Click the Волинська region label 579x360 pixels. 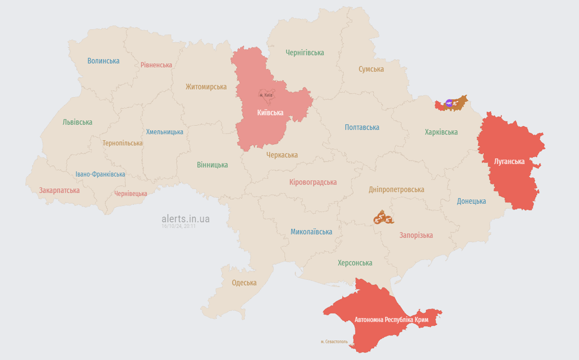point(103,61)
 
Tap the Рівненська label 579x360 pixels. point(156,65)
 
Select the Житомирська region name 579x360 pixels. point(206,87)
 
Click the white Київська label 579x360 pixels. point(270,113)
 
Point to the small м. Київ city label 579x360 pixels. point(266,95)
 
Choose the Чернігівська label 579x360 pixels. point(304,52)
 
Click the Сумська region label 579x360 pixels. point(371,69)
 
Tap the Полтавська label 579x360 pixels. point(362,127)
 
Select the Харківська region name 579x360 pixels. point(441,132)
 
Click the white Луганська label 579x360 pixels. point(509,162)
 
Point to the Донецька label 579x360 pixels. point(471,201)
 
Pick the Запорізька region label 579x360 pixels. point(416,235)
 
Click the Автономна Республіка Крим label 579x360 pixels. point(391,320)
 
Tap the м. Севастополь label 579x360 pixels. point(334,342)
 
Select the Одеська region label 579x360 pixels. point(244,283)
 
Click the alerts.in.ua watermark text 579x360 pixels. point(186,219)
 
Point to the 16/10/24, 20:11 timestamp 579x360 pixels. point(178,226)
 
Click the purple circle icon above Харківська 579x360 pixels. point(449,103)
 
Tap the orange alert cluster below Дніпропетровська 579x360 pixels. point(383,217)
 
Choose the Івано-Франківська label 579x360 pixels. point(100,174)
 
